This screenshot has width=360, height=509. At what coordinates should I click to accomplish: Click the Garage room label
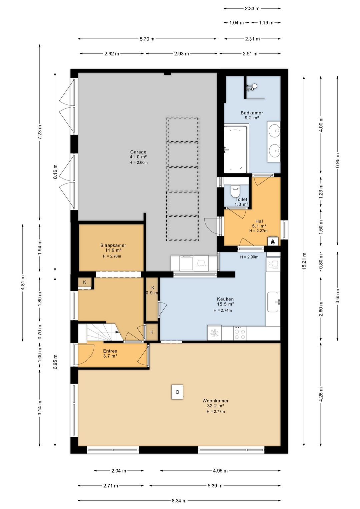(138, 152)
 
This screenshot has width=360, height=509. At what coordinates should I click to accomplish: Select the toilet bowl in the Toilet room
(235, 191)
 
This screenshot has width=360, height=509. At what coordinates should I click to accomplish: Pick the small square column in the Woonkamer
(177, 392)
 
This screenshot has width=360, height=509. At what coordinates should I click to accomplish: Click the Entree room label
(110, 351)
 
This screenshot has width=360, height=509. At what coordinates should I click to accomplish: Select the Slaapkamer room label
(113, 245)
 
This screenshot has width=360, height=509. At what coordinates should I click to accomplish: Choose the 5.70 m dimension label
(147, 39)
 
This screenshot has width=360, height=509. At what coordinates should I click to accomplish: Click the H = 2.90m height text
(249, 257)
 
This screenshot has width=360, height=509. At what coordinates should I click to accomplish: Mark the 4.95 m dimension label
(220, 471)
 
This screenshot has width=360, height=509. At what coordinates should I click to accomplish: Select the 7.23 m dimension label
(40, 133)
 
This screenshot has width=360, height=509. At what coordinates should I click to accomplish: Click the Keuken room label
(225, 299)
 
